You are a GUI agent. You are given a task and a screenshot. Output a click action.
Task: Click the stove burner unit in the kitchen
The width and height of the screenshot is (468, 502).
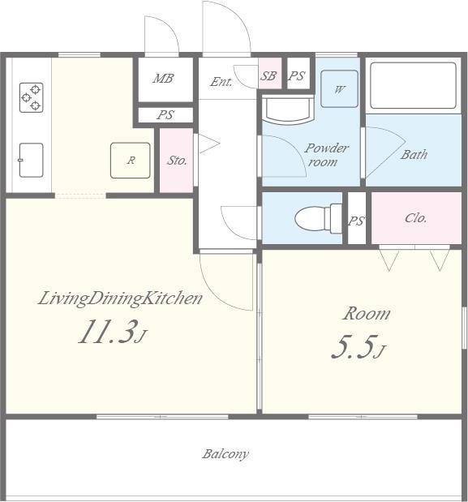[x=32, y=97]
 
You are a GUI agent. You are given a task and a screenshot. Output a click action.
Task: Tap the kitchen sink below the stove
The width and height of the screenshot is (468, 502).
[x=31, y=160]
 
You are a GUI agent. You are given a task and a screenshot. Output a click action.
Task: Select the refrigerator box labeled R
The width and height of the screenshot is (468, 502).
[x=131, y=161]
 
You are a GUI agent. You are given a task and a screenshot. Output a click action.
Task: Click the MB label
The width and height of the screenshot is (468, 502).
[x=163, y=79]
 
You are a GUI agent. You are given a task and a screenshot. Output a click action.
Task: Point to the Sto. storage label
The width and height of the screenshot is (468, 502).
[x=177, y=160]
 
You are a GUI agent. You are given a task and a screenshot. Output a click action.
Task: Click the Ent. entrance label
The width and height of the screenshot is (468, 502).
[x=221, y=82]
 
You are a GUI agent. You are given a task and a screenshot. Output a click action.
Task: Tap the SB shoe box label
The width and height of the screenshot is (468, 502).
[x=268, y=76]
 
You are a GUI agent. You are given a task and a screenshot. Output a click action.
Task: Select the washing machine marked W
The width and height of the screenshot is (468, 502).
[x=339, y=88]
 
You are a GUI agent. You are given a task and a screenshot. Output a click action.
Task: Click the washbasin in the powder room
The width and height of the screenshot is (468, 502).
[x=287, y=109]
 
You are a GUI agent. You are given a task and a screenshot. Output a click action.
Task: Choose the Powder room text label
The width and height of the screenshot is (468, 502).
[x=325, y=155]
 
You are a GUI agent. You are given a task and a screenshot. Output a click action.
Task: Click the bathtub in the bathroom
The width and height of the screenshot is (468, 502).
[x=414, y=85]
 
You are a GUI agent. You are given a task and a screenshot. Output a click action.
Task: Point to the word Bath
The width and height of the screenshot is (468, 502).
[x=414, y=155]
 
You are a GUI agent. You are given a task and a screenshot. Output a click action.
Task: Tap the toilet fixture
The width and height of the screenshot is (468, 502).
[x=318, y=219]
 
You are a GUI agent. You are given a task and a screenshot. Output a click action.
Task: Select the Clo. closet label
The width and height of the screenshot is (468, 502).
[x=415, y=218]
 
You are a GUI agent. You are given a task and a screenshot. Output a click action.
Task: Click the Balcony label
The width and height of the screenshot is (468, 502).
[x=225, y=454]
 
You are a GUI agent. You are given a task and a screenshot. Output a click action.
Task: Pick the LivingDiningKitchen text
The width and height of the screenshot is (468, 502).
[x=120, y=298]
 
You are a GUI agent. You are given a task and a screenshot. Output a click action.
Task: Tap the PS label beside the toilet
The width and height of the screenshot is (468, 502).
[x=356, y=221]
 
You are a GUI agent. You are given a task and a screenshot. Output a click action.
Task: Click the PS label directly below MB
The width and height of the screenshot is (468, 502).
[x=165, y=115]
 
